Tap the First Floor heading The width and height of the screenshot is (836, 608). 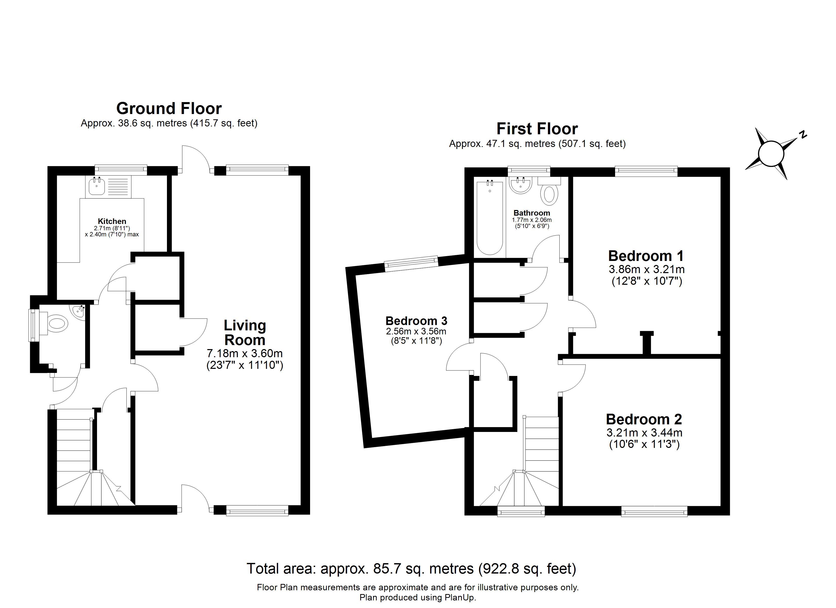[537, 129]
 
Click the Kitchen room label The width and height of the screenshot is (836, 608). [112, 221]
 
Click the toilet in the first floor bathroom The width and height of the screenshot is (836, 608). [549, 191]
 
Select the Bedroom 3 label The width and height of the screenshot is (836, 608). [416, 321]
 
